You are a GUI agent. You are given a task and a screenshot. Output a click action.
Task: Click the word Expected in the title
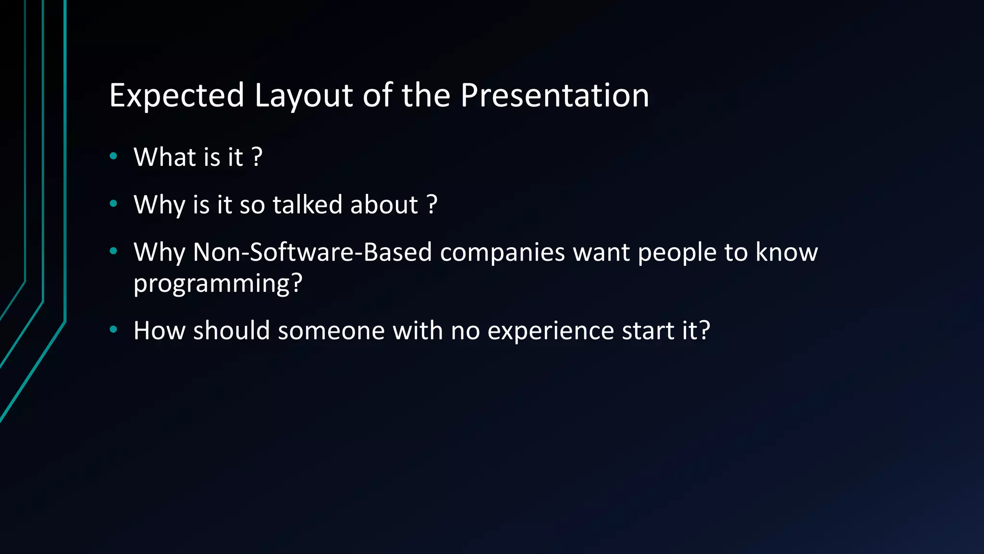tap(176, 95)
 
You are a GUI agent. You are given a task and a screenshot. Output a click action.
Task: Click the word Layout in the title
tap(304, 95)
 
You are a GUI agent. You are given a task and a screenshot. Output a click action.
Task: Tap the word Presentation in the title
tap(554, 95)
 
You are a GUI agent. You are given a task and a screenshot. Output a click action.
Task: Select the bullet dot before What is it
tap(113, 156)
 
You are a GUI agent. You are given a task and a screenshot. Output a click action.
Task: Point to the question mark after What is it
tap(257, 157)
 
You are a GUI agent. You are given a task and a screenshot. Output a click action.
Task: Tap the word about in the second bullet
tap(384, 204)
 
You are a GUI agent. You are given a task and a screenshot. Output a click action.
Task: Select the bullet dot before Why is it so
tap(113, 204)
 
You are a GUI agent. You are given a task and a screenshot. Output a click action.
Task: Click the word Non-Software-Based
tap(312, 252)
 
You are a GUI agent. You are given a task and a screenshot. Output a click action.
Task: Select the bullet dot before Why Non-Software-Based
tap(113, 251)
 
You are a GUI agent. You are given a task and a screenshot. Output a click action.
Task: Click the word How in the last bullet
tap(160, 330)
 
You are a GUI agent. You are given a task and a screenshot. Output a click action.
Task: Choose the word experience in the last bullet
tap(551, 331)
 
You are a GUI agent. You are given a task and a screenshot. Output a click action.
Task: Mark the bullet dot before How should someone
tap(113, 329)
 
